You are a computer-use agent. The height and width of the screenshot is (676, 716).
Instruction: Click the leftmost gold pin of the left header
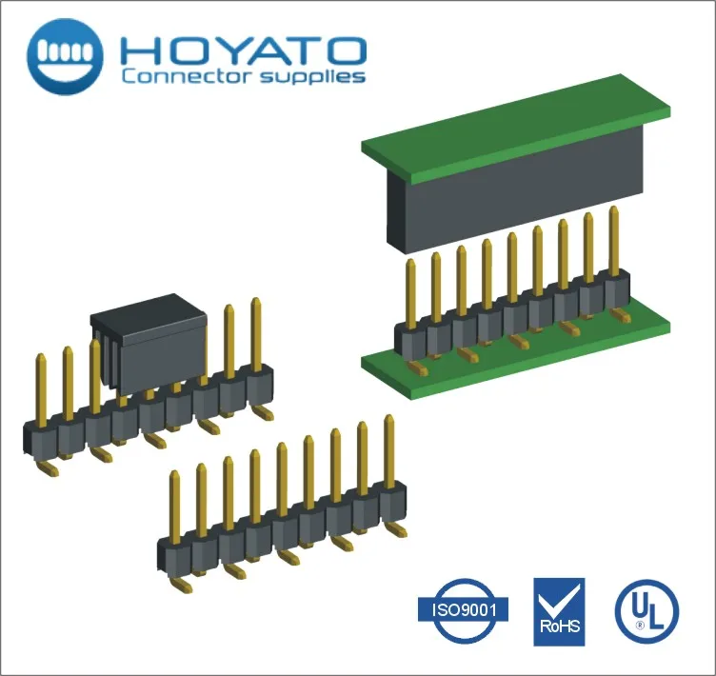41,390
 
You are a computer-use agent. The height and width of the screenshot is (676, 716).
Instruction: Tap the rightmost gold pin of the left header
256,333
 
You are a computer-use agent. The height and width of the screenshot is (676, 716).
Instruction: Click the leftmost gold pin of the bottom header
174,506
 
